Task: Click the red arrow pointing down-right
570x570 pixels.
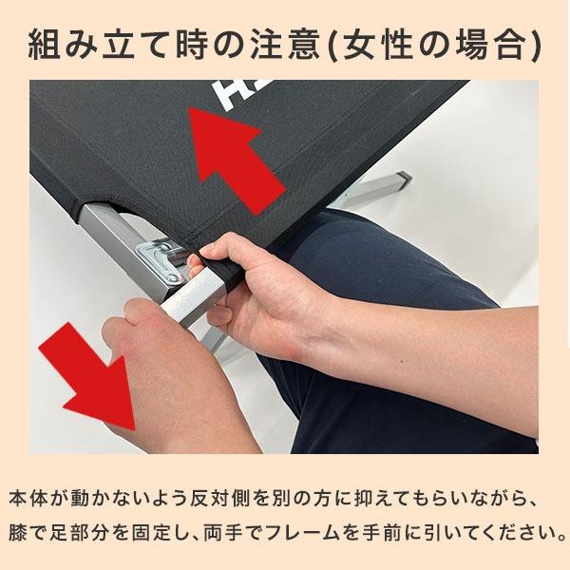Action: (101, 374)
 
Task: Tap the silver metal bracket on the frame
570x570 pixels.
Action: (161, 256)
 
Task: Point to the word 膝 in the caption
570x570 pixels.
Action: (19, 528)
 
